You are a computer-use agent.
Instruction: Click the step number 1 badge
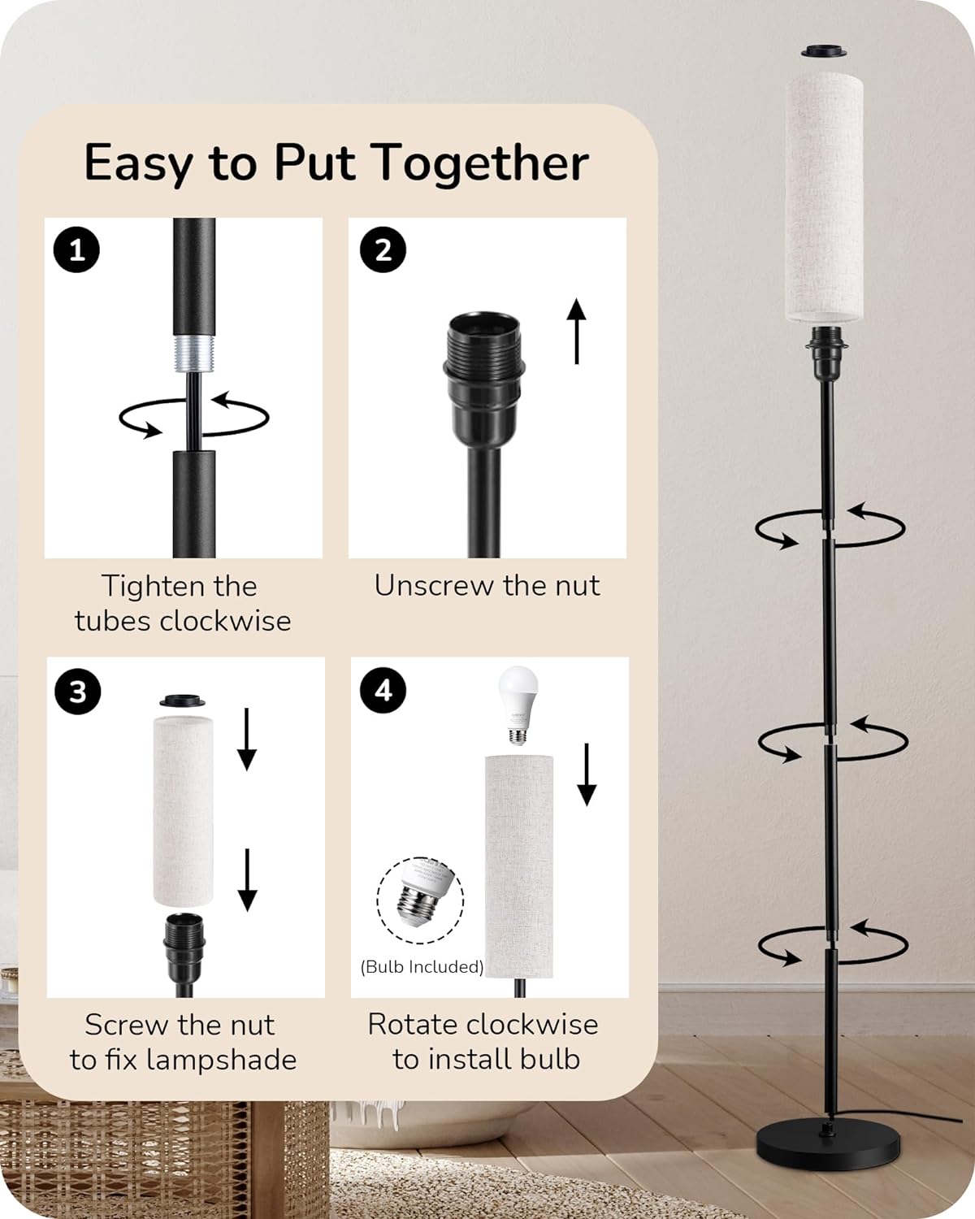point(76,249)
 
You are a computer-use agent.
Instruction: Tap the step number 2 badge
point(383,249)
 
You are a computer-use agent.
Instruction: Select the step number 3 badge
point(78,691)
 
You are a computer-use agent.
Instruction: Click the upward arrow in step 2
point(577,331)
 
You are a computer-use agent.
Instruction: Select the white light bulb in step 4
point(518,705)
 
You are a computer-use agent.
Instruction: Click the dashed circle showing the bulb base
point(420,900)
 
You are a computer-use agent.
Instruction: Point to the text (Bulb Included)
point(422,966)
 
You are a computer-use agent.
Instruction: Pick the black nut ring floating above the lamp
point(825,51)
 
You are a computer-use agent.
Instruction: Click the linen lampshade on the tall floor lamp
point(825,198)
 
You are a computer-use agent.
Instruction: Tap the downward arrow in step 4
point(587,774)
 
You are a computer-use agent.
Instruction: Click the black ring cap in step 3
point(182,701)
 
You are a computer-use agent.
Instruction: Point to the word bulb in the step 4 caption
point(549,1059)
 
